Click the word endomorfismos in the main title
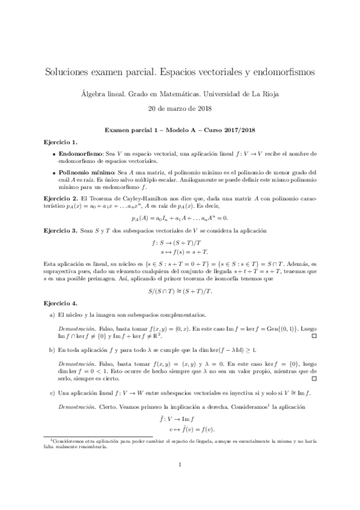281,72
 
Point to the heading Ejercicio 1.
61,142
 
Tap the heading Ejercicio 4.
61,304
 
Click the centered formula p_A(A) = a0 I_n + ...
180,218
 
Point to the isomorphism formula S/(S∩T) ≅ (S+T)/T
180,290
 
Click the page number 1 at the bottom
180,481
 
